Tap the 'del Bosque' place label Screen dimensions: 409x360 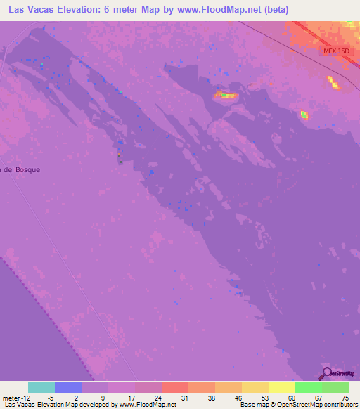pos(21,169)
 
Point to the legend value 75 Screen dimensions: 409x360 pos(345,398)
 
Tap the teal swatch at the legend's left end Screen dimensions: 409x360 pos(41,387)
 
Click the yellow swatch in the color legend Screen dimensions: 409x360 pos(282,387)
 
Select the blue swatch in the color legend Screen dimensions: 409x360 pos(68,387)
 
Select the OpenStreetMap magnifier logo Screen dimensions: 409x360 pos(326,373)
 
